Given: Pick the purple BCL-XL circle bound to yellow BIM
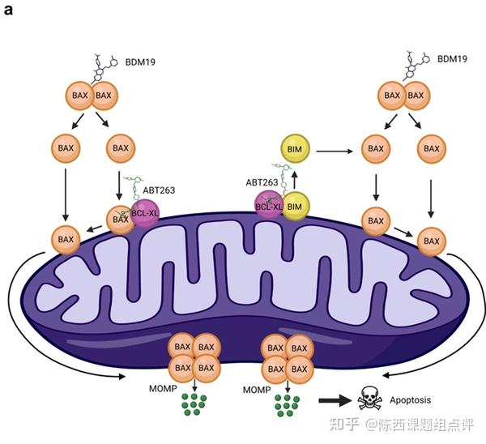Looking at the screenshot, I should pyautogui.click(x=269, y=206).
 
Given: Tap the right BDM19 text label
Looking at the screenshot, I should pyautogui.click(x=452, y=59).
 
